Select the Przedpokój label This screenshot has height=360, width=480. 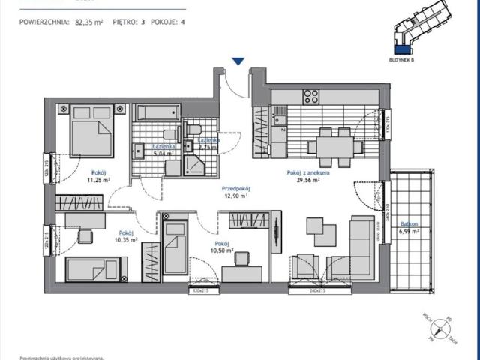(x=235, y=189)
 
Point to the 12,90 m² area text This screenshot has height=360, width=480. (x=235, y=196)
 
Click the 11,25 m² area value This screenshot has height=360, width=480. (x=94, y=180)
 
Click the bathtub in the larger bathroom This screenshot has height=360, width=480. (x=157, y=113)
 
